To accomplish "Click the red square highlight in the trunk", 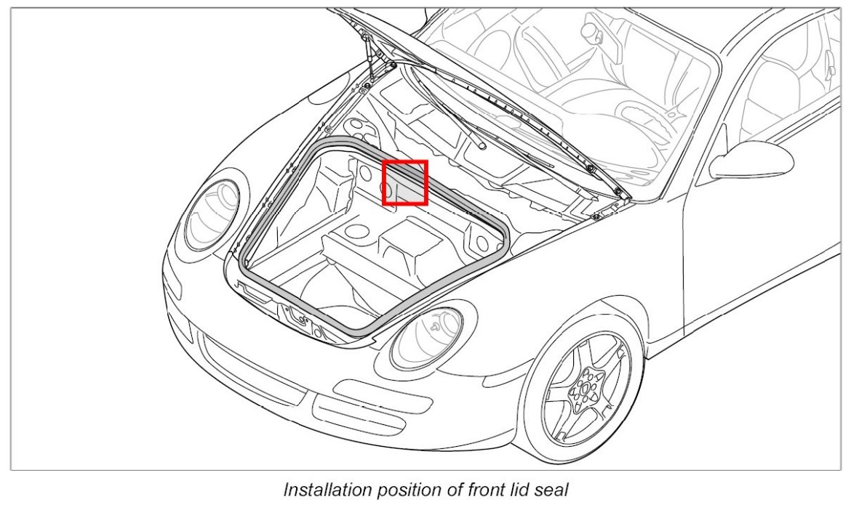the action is pos(404,182).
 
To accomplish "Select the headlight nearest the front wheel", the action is pos(427,339).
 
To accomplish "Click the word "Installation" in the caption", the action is pos(324,490).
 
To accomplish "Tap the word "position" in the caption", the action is pos(399,490).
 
